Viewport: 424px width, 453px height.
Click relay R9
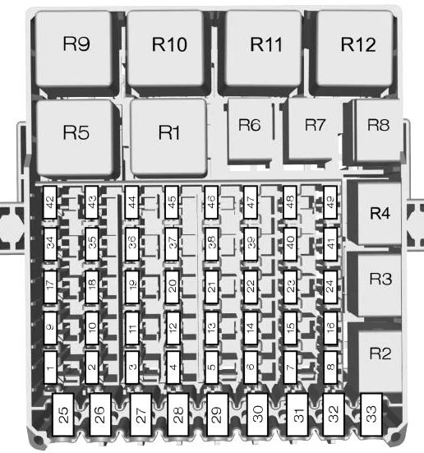[74, 49]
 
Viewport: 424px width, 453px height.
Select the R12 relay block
[355, 49]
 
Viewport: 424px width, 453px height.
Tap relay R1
[169, 136]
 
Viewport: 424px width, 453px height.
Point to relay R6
[250, 130]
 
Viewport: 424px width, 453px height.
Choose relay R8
[377, 130]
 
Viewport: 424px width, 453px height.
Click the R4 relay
[380, 213]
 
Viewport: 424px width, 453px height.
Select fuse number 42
[50, 202]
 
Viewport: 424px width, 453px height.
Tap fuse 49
[330, 202]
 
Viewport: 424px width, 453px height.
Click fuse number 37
[172, 243]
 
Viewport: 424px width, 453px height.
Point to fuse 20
[172, 287]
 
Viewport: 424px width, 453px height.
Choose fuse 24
[330, 287]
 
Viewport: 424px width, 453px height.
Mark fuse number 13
[211, 328]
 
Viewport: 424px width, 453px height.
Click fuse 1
[50, 367]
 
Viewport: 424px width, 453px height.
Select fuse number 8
[330, 367]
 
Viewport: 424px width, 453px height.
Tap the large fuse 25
[63, 414]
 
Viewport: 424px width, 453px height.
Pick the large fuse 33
[371, 414]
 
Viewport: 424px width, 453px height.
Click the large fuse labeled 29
[218, 414]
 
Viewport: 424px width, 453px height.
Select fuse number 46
[211, 202]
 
